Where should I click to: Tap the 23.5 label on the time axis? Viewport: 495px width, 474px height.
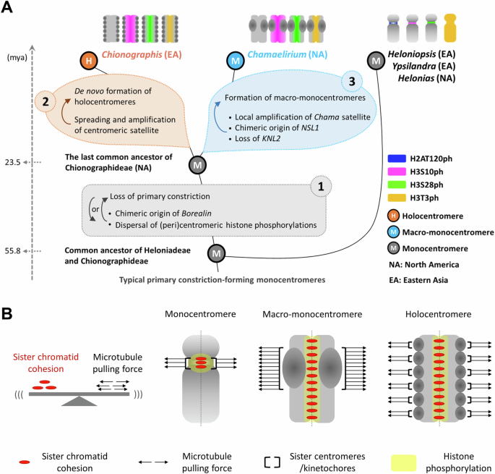[12, 163]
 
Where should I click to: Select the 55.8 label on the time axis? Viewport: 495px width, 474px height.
[12, 250]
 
